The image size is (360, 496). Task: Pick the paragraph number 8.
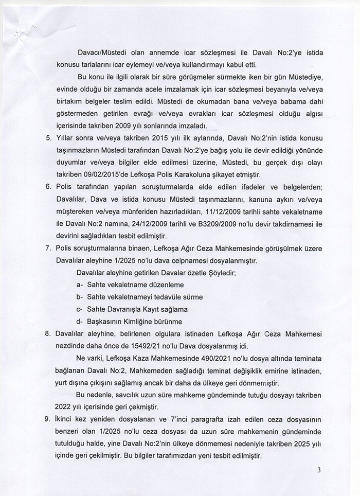click(48, 333)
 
